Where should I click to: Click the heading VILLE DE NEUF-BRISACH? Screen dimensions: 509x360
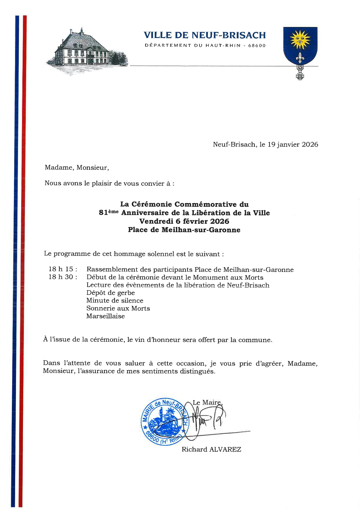[x=205, y=35]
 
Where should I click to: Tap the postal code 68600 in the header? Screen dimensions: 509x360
[x=257, y=46]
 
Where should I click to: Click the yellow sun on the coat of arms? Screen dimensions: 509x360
[x=300, y=40]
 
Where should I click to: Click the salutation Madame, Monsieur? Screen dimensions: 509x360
[x=77, y=167]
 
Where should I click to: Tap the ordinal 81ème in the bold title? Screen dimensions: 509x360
[x=109, y=213]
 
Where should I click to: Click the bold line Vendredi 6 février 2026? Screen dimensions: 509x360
[x=184, y=221]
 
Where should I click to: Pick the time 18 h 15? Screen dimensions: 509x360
[x=62, y=269]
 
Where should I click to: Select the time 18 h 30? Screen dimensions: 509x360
[x=62, y=277]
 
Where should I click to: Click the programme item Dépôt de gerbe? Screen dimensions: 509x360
[x=111, y=293]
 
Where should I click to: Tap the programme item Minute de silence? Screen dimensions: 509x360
[x=115, y=301]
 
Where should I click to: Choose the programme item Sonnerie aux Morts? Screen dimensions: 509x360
[x=118, y=308]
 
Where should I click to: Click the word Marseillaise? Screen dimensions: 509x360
[x=105, y=316]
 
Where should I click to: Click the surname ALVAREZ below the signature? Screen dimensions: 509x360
[x=225, y=450]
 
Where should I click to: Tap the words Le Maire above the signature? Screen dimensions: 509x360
[x=207, y=402]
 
